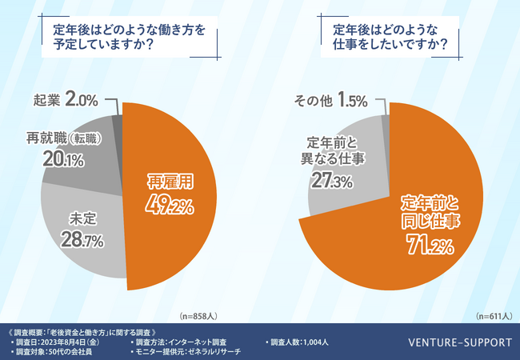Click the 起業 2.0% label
(66, 101)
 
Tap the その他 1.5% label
(330, 101)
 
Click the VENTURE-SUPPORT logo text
(458, 342)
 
